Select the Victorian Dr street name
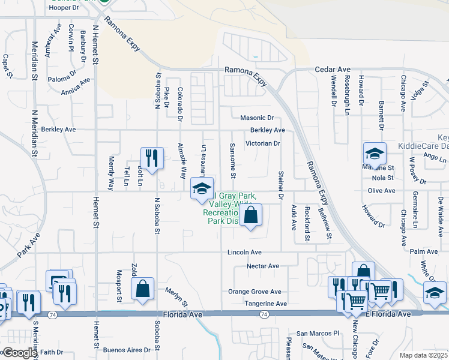point(263,144)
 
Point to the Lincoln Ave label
point(244,253)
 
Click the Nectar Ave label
point(263,266)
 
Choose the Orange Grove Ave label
point(255,292)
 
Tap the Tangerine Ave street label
point(265,304)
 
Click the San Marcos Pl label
point(318,334)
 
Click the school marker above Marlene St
point(374,154)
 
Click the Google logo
point(19,353)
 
